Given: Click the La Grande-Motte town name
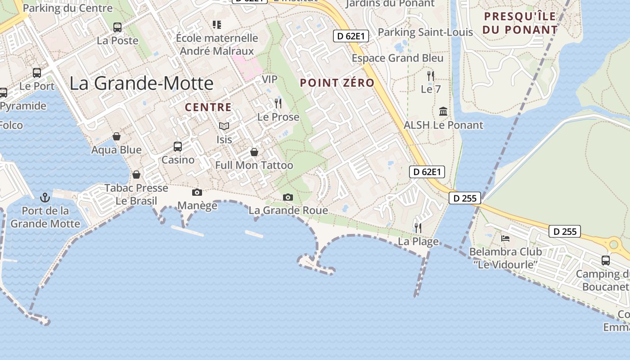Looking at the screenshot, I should [141, 84].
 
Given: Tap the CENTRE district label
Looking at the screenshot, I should [208, 108].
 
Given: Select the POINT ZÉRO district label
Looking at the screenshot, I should [337, 83].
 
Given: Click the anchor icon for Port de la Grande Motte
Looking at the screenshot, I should [45, 197].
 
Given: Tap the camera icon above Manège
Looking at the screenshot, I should [197, 192].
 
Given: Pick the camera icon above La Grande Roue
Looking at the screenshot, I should [288, 197].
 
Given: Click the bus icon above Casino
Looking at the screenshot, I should [178, 146].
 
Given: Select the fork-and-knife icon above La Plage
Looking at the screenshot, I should [418, 228].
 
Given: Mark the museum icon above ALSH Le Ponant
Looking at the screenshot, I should [443, 111].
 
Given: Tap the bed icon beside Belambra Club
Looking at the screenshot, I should [505, 238].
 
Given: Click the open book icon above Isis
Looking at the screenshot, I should [224, 126].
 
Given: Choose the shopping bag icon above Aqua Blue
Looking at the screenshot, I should [117, 136].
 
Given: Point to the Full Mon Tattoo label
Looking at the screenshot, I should [254, 165].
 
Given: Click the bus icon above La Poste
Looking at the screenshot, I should [117, 27].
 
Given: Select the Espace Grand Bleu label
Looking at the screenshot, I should [397, 58].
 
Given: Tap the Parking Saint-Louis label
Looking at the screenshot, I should [425, 32].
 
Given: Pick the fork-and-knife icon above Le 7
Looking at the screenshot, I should [431, 75].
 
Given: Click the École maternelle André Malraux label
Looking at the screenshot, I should [217, 45].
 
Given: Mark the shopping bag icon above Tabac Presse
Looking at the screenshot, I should [136, 174].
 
